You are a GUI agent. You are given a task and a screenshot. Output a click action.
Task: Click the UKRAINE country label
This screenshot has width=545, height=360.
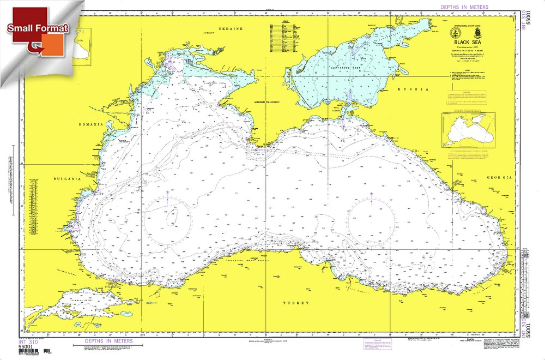[230, 28]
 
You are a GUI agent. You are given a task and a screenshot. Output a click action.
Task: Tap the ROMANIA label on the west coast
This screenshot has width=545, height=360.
[90, 124]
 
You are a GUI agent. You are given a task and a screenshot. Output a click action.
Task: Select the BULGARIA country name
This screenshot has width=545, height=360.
[68, 178]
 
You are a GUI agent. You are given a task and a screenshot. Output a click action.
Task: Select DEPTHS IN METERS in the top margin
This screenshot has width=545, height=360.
[465, 7]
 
